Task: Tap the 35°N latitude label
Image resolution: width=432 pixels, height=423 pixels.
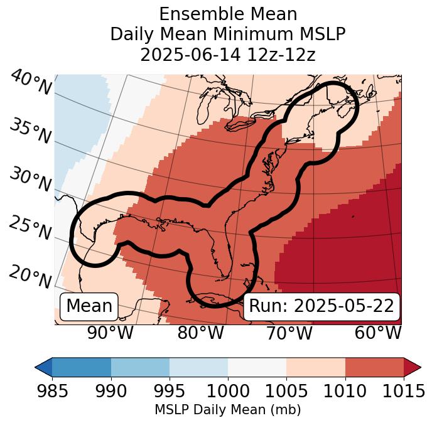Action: tap(30, 131)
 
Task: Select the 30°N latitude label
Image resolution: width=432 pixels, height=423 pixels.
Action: tap(30, 179)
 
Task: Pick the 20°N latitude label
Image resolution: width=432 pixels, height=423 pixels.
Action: tap(30, 276)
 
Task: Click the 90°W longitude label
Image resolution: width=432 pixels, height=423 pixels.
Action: tap(111, 333)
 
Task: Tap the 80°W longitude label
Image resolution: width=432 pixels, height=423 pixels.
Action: tap(200, 333)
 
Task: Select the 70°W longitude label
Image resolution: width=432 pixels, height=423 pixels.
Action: tap(289, 333)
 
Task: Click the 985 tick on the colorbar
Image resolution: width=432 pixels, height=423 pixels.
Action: tap(52, 391)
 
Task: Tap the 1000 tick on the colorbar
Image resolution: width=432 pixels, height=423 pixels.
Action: tap(228, 391)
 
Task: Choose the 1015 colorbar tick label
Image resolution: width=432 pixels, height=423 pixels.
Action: tap(403, 391)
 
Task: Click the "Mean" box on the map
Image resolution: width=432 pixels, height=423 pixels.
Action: tap(89, 306)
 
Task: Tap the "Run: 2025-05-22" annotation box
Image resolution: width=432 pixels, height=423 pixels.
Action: tap(321, 306)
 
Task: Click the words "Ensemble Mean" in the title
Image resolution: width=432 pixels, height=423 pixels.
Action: tap(228, 14)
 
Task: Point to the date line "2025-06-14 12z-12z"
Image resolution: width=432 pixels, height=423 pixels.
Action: tap(228, 55)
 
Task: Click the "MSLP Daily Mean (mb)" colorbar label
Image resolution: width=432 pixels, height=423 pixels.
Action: tap(228, 410)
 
